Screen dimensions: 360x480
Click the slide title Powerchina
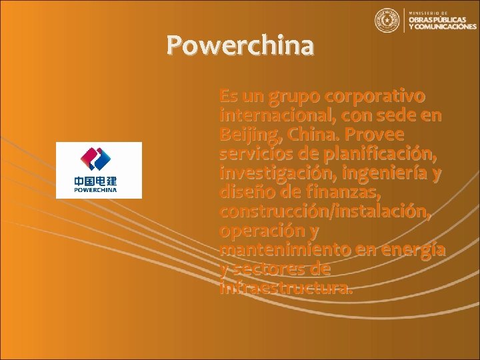click(240, 45)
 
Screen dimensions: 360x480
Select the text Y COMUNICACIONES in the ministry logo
click(442, 27)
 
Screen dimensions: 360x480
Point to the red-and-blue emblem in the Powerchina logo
click(99, 159)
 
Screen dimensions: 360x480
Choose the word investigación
click(273, 173)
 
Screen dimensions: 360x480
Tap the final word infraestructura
click(285, 289)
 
